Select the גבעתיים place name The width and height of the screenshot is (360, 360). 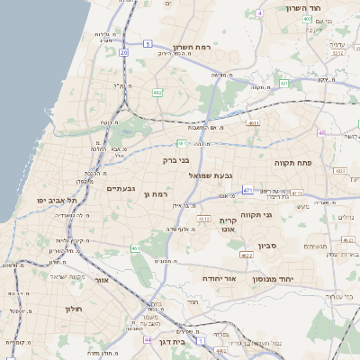point(120,188)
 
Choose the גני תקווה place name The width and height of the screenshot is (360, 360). point(256,215)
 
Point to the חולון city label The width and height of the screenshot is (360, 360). point(73,309)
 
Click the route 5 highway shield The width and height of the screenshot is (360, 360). point(148,42)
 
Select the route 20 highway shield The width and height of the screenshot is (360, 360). point(124,53)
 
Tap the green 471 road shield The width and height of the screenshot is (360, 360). point(247,190)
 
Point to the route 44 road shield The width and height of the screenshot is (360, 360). point(148,340)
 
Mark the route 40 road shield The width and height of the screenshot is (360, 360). point(320,132)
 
